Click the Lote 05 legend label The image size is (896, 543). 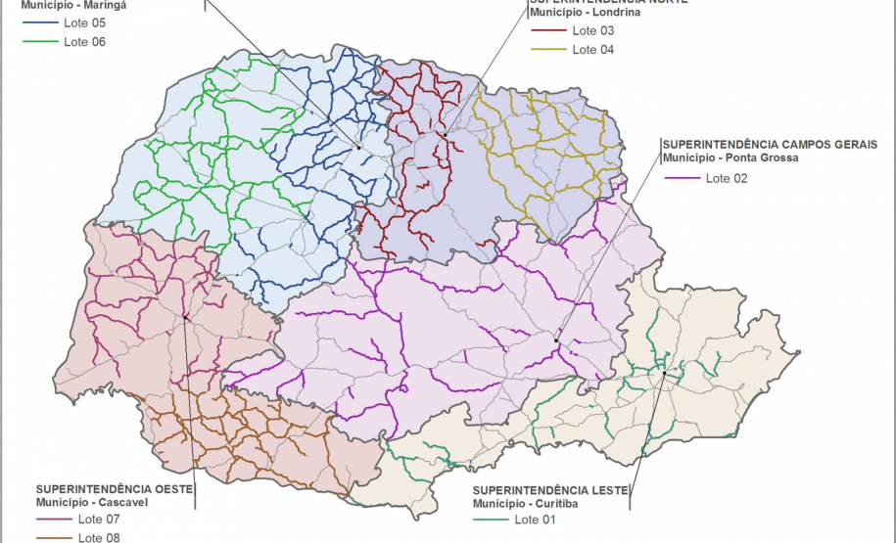pyautogui.click(x=84, y=22)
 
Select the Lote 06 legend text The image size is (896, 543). pyautogui.click(x=84, y=41)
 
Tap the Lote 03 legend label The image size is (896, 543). pyautogui.click(x=593, y=30)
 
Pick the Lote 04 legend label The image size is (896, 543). pyautogui.click(x=593, y=49)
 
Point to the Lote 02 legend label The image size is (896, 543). pyautogui.click(x=727, y=178)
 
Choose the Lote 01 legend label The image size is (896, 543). pyautogui.click(x=535, y=520)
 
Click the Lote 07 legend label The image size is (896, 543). pyautogui.click(x=99, y=519)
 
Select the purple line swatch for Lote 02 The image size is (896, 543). pyautogui.click(x=682, y=178)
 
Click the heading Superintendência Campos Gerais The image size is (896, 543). pyautogui.click(x=770, y=144)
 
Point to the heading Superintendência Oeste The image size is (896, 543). pyautogui.click(x=115, y=488)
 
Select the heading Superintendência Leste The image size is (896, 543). pyautogui.click(x=549, y=489)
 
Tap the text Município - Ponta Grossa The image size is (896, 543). pyautogui.click(x=730, y=158)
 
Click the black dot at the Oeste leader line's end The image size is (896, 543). pyautogui.click(x=185, y=317)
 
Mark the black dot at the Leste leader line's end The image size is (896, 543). pyautogui.click(x=664, y=373)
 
